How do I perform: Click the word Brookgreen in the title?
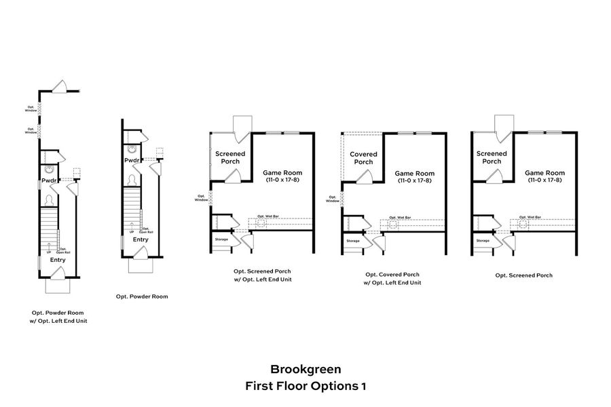coord(305,370)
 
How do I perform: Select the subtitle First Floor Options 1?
coord(305,386)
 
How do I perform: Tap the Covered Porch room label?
coord(363,158)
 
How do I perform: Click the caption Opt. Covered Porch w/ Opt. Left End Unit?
coord(392,278)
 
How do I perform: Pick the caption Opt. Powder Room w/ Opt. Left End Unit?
coord(59,316)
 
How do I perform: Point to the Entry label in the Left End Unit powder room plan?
coord(58,260)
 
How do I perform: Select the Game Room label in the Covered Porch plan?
coord(415,173)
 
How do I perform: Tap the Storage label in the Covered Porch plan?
coord(353,241)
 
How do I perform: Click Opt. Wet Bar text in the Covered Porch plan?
coord(399,217)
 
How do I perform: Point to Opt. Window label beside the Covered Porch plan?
coord(332,199)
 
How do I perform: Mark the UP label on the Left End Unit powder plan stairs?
coord(49,253)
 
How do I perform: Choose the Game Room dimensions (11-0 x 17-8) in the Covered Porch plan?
coord(415,181)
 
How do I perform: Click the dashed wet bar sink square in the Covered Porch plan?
coord(392,223)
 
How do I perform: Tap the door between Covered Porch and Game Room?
coord(366,176)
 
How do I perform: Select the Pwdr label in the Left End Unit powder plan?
coord(49,181)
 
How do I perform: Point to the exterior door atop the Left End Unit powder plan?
coord(59,88)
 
